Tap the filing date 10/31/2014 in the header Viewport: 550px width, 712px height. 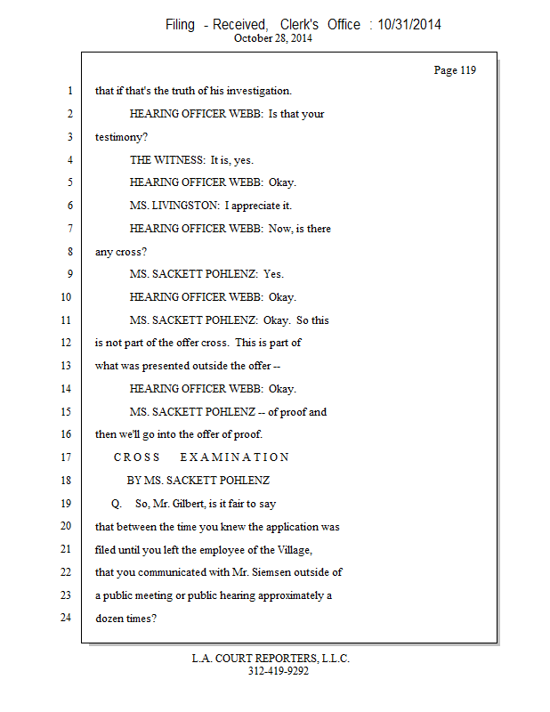coord(409,25)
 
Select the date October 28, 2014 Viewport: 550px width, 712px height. coord(274,38)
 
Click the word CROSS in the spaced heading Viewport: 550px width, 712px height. coord(137,457)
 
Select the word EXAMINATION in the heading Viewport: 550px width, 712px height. coord(235,457)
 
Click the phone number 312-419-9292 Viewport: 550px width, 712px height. coord(278,671)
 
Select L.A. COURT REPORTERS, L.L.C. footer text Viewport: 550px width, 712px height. coord(271,659)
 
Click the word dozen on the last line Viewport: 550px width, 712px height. coord(110,618)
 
